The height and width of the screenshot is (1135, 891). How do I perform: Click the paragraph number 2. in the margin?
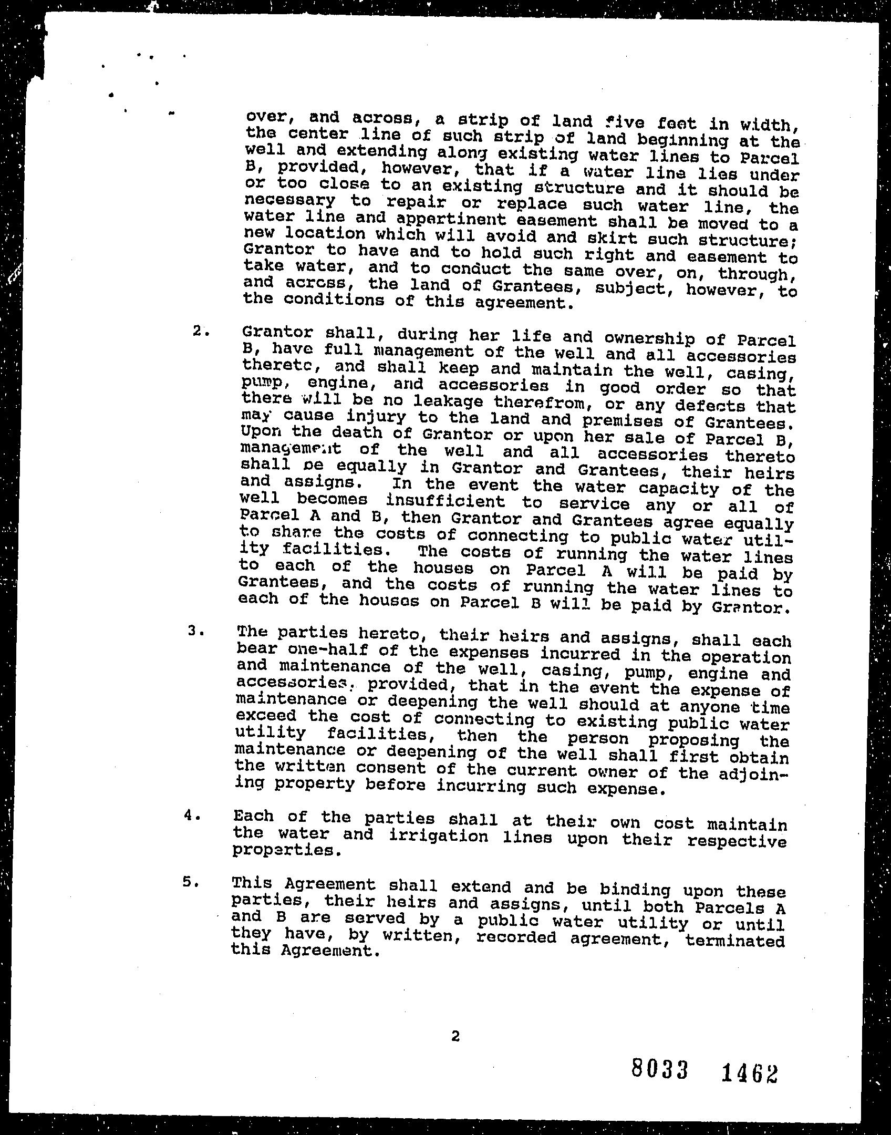[x=201, y=331]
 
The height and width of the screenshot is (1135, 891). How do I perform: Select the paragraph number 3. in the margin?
[x=195, y=632]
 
